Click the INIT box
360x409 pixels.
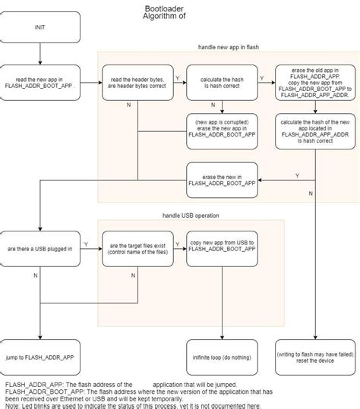pyautogui.click(x=39, y=27)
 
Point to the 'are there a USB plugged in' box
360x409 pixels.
pyautogui.click(x=39, y=248)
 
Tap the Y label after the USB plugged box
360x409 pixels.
pyautogui.click(x=85, y=244)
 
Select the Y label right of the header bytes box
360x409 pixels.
pyautogui.click(x=178, y=77)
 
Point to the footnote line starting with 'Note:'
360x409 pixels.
pyautogui.click(x=133, y=404)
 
